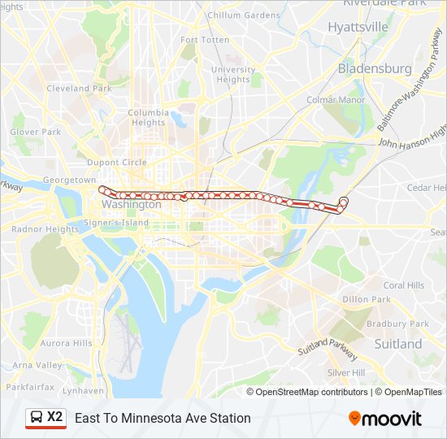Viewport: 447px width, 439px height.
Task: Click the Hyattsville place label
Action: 358,27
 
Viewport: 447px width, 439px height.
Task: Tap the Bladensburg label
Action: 375,68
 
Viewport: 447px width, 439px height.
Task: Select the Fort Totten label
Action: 205,40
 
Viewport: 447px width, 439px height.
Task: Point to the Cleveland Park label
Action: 79,88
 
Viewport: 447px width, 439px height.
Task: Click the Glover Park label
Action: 36,132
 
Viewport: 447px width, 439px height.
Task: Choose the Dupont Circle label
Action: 117,163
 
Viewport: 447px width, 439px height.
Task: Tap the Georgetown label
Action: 70,180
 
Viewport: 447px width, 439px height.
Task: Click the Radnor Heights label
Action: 46,229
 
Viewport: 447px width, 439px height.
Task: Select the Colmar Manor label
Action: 336,100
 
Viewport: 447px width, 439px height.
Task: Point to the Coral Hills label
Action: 404,285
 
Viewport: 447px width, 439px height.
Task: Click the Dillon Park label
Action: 367,299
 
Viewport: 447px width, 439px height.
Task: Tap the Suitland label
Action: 398,344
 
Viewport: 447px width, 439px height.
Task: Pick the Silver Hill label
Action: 347,372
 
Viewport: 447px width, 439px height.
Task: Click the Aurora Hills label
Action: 67,343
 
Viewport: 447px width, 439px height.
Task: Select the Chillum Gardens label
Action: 243,15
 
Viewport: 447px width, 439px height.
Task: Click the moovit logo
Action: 385,419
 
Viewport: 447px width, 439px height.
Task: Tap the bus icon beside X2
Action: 36,417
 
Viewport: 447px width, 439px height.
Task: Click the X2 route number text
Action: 54,417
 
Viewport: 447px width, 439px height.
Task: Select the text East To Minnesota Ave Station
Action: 163,419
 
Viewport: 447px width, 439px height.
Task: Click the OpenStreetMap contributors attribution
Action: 312,392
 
